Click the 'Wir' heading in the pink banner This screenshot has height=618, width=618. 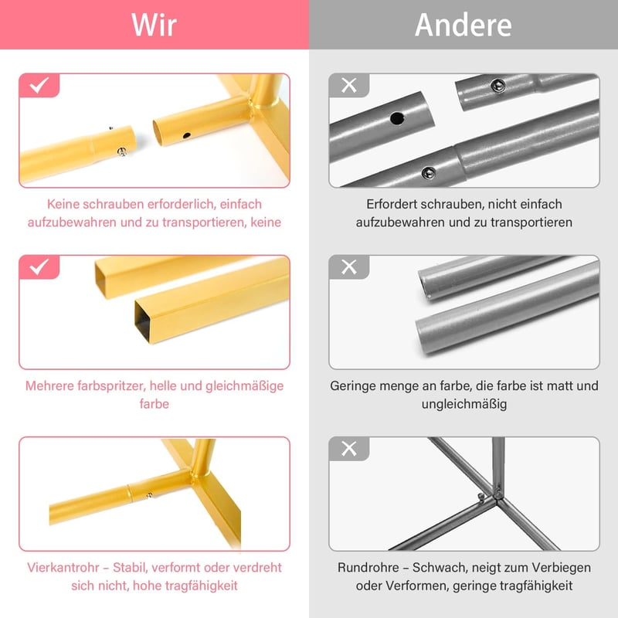(154, 25)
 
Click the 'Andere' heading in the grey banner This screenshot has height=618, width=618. (463, 25)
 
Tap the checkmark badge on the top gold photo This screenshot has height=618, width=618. (39, 85)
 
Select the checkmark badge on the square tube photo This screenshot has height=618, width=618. (39, 267)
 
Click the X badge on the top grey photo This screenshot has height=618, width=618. (349, 85)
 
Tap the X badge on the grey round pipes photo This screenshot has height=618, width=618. (349, 267)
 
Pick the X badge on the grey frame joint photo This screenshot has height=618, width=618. (349, 449)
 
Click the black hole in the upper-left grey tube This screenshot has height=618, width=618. (397, 118)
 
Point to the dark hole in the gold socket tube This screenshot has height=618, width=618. (186, 136)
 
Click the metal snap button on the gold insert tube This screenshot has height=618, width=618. (122, 151)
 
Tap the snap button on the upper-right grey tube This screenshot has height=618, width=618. (497, 85)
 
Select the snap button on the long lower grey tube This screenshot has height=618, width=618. (429, 172)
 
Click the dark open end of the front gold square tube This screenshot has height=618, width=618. (142, 321)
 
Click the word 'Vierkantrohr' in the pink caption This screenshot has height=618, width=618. (57, 568)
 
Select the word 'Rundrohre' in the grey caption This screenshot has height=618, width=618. (368, 568)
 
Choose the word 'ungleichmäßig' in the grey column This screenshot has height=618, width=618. (464, 404)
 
